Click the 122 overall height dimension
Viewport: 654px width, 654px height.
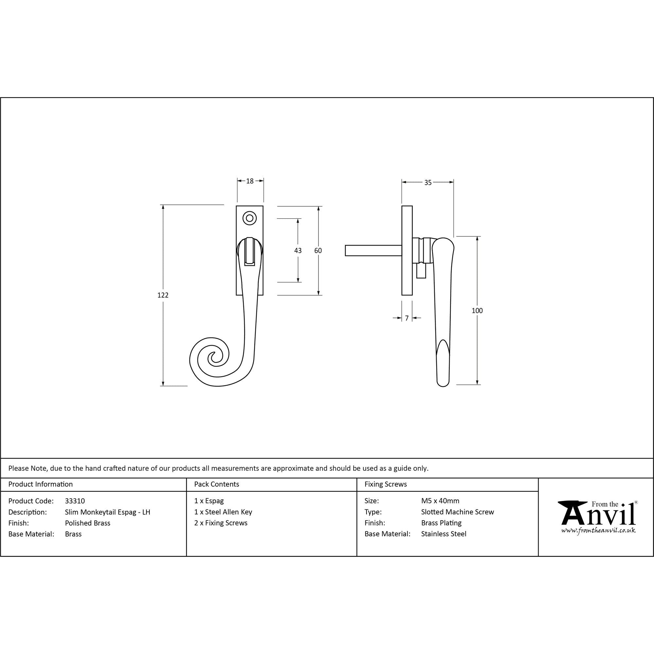coord(163,295)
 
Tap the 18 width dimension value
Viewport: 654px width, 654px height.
coord(250,181)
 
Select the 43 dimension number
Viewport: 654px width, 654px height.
coord(298,250)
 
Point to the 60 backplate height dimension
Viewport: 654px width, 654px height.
coord(318,250)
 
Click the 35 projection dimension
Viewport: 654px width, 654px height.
coord(428,183)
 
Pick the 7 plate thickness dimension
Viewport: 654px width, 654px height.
coord(407,318)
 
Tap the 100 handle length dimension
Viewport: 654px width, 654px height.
coord(477,310)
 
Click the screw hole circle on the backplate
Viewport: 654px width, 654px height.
coord(250,218)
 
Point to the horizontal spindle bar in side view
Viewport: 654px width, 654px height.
coord(373,250)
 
